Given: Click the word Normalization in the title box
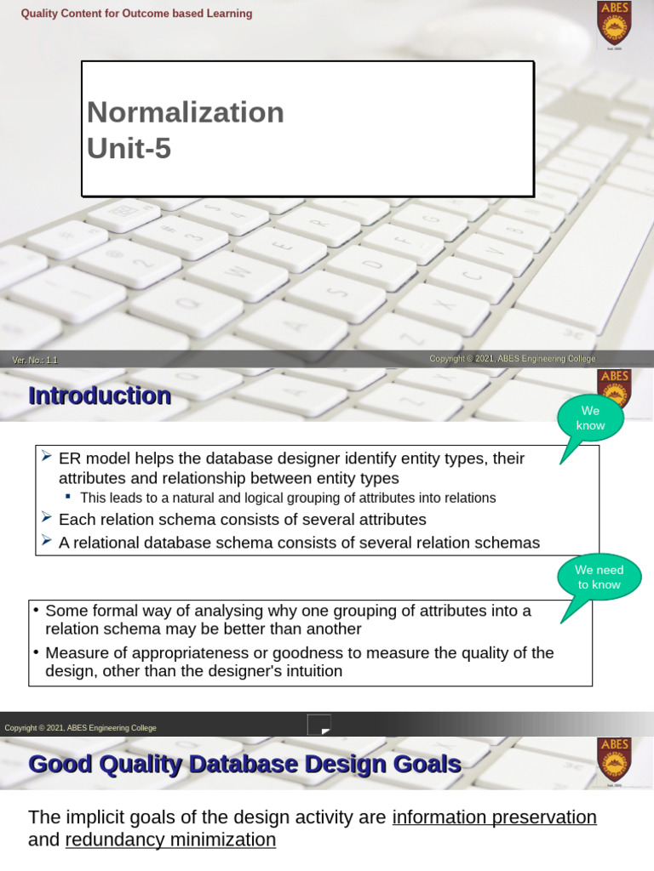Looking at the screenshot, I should click(x=186, y=112).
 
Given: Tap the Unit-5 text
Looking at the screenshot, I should click(x=129, y=149).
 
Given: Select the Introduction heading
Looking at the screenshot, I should click(x=100, y=396).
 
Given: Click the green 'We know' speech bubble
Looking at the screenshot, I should click(x=590, y=418).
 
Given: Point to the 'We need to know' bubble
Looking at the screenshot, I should click(x=599, y=578).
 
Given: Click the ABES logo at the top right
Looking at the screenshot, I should click(x=614, y=23).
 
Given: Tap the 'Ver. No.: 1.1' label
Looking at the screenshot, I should click(x=35, y=360).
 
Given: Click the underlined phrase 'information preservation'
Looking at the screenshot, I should click(x=494, y=817).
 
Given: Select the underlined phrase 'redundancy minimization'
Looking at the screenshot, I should click(x=170, y=840).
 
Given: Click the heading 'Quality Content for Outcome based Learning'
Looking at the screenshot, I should click(x=136, y=14).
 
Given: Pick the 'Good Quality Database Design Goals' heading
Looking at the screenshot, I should click(x=245, y=764).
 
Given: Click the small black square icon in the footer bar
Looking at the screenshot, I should click(x=318, y=725).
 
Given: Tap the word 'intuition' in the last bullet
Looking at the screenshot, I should click(x=311, y=671).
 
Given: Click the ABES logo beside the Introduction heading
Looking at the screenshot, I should click(x=614, y=388).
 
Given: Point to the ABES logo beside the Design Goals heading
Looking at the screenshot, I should click(x=614, y=758).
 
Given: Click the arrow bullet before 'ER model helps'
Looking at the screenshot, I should click(x=47, y=458).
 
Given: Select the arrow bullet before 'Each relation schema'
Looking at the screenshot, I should click(x=47, y=518).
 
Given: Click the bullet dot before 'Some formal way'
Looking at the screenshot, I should click(x=36, y=611).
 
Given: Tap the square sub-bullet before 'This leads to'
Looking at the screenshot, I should click(x=69, y=498).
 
